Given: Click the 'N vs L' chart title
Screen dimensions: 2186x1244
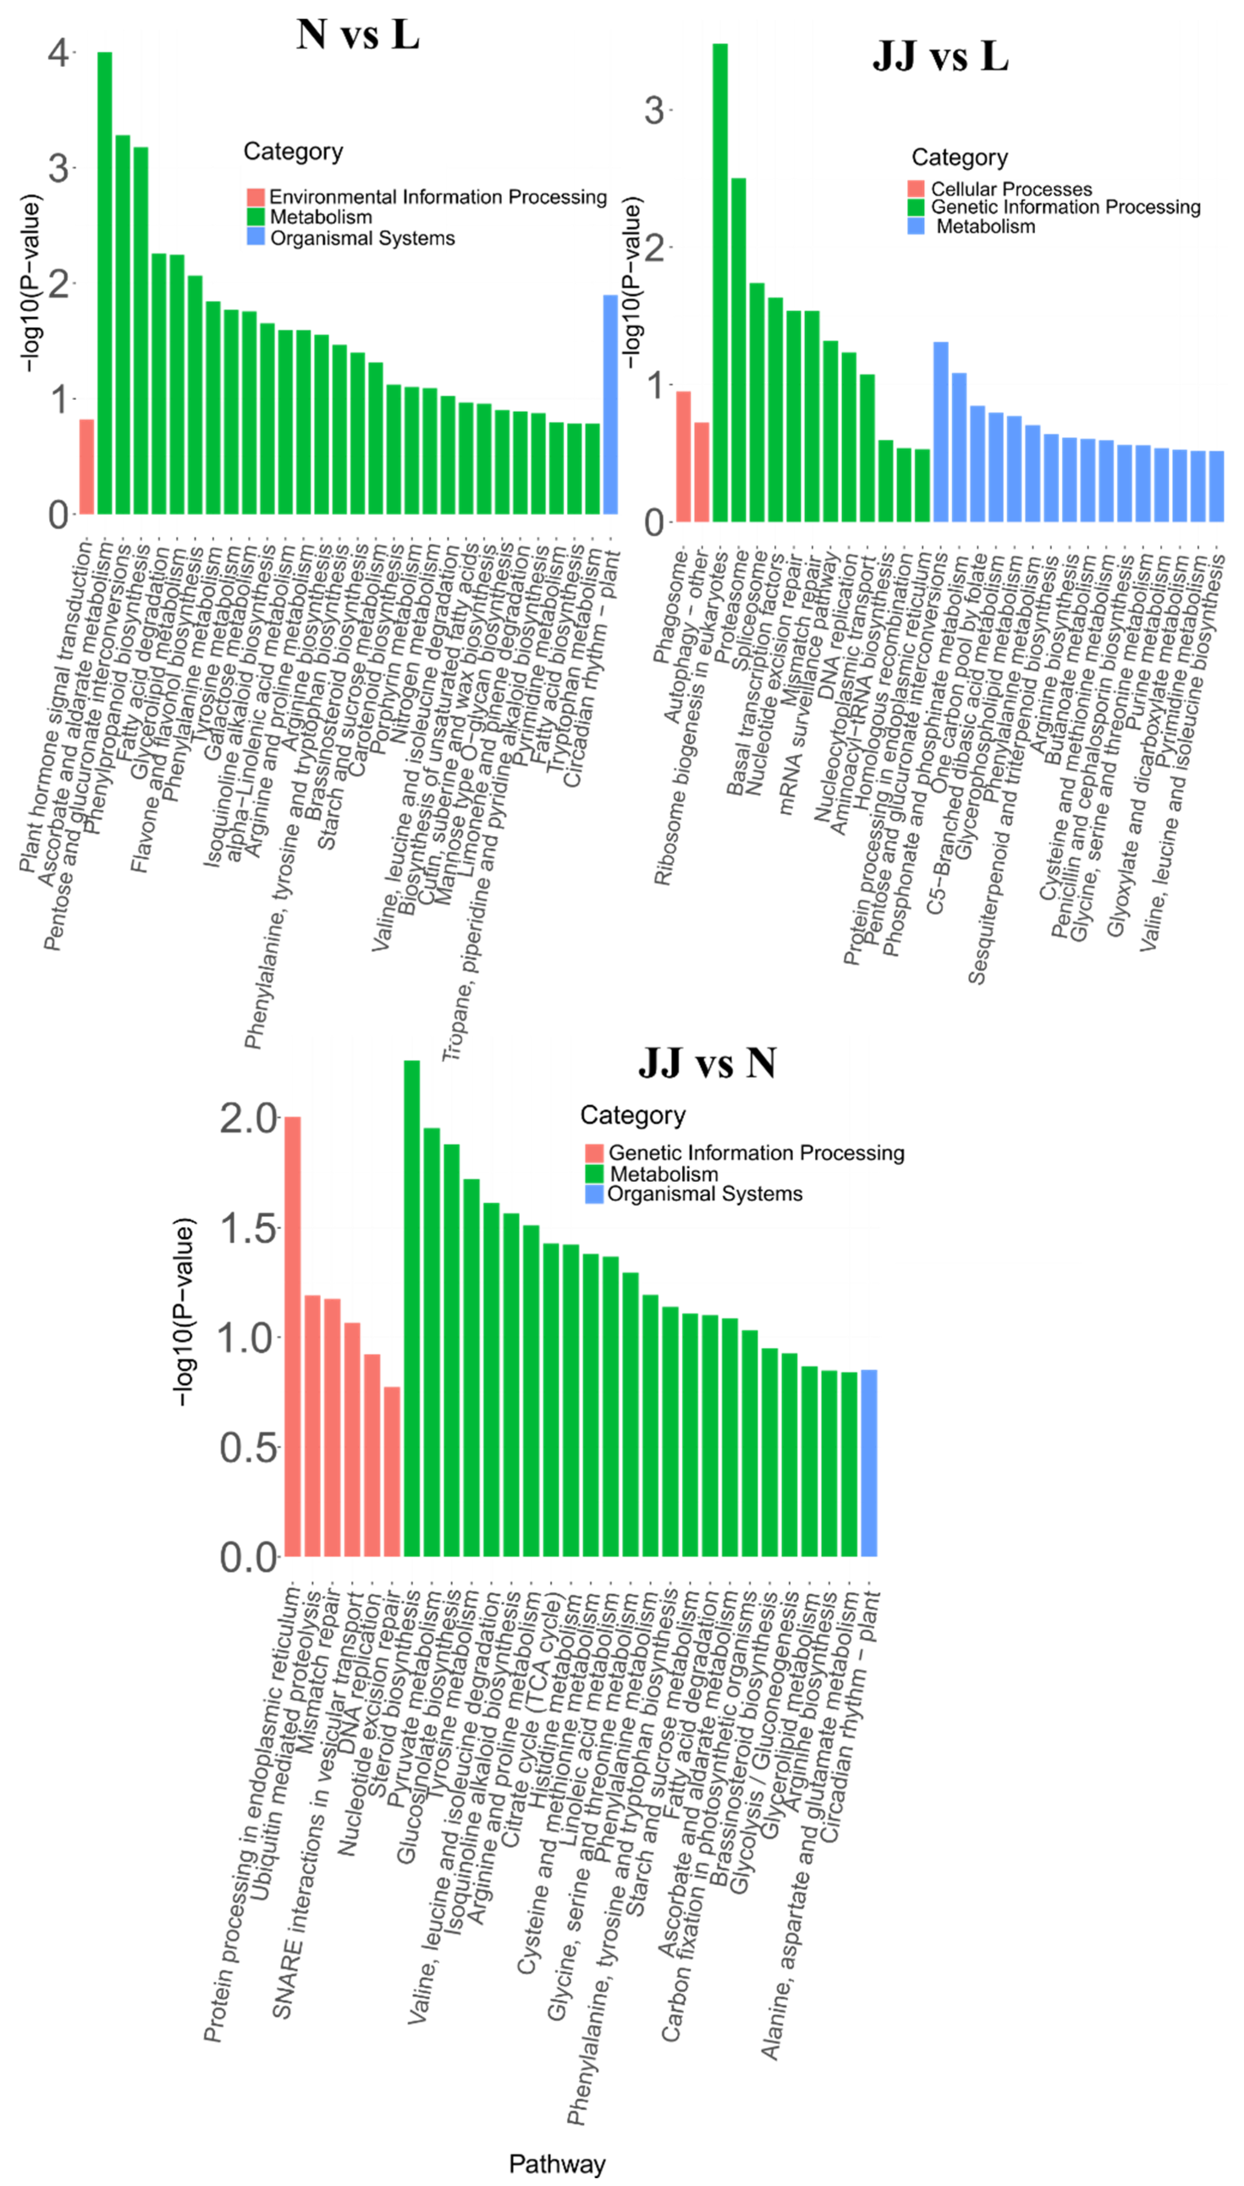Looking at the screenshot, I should point(358,35).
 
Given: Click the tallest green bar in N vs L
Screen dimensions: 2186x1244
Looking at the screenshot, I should point(104,282).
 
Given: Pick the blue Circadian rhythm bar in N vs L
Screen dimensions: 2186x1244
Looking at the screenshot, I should point(610,404).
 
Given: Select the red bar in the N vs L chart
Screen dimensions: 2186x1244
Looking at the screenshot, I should point(86,467).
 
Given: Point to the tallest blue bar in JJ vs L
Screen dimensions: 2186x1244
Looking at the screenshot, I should point(941,432).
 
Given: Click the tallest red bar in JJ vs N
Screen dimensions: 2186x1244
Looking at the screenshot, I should point(292,1336).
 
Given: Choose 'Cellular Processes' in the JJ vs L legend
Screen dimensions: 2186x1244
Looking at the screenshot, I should point(1011,189).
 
